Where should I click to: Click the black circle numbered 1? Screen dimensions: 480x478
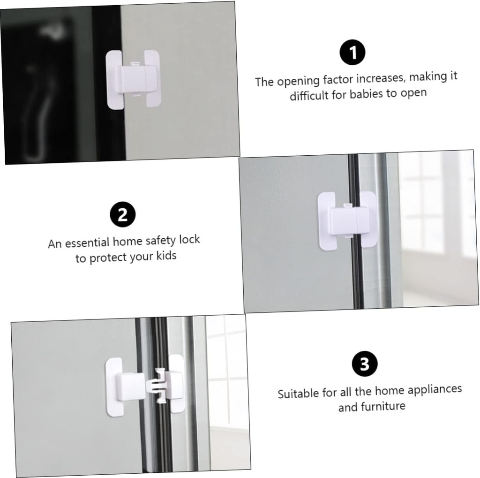352,53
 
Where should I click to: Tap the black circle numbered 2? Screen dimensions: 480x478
122,215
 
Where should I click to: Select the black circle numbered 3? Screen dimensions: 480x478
365,364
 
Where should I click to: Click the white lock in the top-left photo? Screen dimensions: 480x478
134,79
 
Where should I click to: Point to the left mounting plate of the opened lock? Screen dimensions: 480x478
114,387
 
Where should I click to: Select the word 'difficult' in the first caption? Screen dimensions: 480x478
309,97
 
